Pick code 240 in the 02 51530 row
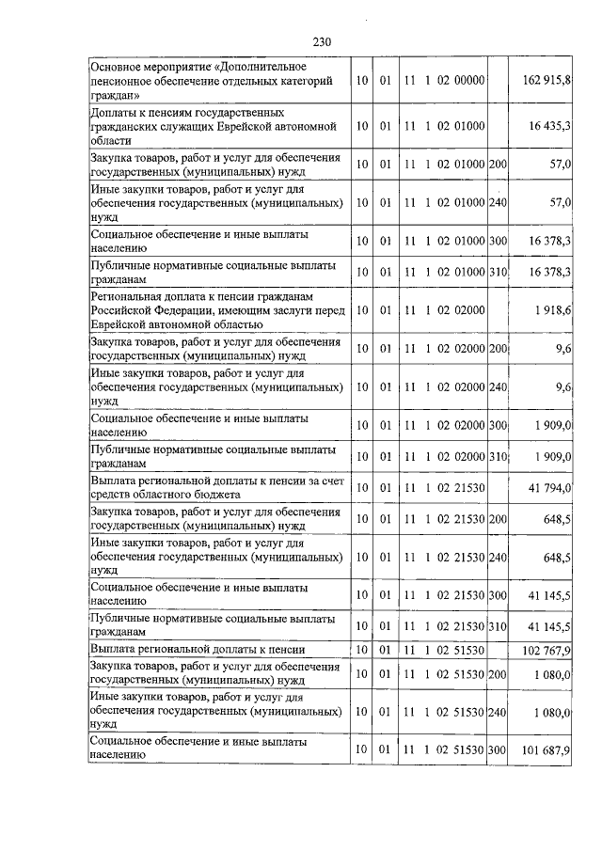pyautogui.click(x=499, y=713)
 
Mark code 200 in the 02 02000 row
pyautogui.click(x=499, y=350)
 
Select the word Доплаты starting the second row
pyautogui.click(x=114, y=113)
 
